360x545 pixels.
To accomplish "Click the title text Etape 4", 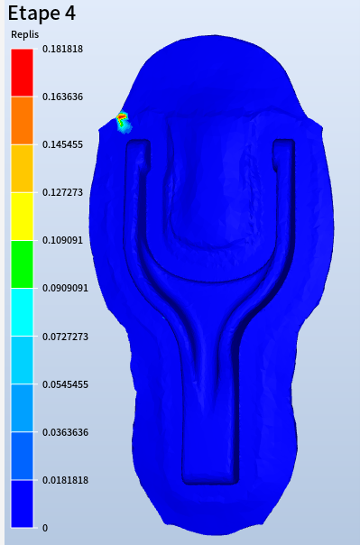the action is click(x=42, y=14).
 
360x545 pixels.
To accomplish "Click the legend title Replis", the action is click(x=24, y=35).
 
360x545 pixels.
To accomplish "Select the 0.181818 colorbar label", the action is click(x=62, y=49).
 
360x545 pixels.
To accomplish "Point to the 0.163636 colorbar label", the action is click(x=62, y=97).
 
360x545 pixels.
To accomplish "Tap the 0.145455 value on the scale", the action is click(x=62, y=144).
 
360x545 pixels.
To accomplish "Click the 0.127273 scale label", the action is click(x=62, y=192).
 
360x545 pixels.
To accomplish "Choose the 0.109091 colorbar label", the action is click(x=62, y=240).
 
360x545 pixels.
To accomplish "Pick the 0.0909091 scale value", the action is click(x=65, y=288).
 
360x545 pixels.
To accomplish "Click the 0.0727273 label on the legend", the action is click(x=65, y=337).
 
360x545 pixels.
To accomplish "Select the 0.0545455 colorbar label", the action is click(x=65, y=384).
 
